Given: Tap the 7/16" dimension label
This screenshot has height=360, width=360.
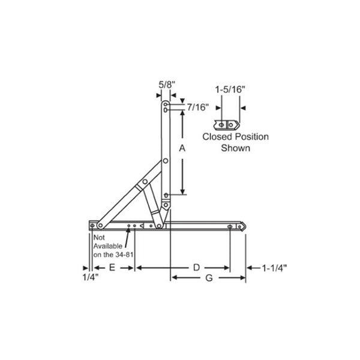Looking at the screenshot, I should pyautogui.click(x=197, y=107).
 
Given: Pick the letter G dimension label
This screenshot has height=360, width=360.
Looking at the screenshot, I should pyautogui.click(x=208, y=278).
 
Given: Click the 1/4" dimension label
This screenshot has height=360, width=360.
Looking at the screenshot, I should pyautogui.click(x=89, y=278).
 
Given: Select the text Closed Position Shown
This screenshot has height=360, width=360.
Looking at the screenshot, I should pyautogui.click(x=235, y=142).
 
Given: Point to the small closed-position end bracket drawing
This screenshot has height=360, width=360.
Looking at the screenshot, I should pyautogui.click(x=230, y=124).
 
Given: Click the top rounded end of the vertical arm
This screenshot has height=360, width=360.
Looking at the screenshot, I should pyautogui.click(x=166, y=104).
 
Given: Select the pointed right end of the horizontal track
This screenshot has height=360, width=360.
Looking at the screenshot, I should pyautogui.click(x=244, y=226).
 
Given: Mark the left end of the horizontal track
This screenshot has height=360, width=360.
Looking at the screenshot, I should pyautogui.click(x=91, y=225).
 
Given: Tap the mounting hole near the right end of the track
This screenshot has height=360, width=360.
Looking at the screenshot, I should pyautogui.click(x=230, y=226).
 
